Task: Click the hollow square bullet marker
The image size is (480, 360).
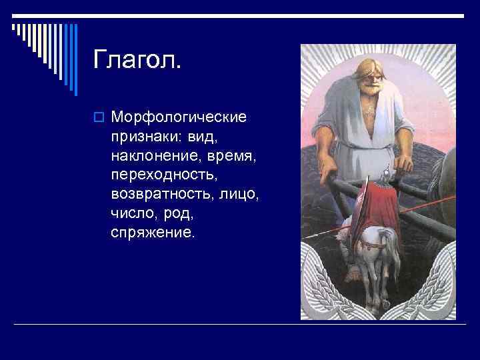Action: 99,118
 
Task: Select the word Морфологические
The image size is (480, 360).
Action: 179,118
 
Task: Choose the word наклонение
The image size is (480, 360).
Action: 153,157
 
